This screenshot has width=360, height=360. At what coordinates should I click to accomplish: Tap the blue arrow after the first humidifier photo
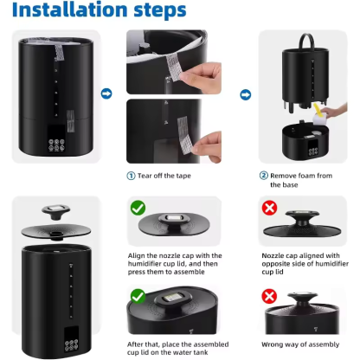coord(106,93)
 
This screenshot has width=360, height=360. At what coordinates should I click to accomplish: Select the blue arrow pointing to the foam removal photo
coord(246,93)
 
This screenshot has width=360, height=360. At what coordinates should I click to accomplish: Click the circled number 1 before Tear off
coord(132,175)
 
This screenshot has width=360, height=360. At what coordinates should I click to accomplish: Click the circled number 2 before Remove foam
coord(264,175)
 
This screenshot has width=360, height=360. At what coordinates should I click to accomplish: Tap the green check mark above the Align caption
coord(137,208)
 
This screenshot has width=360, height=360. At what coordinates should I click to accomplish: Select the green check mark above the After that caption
coord(137,296)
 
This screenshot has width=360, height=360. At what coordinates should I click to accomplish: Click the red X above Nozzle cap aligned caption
coord(271,208)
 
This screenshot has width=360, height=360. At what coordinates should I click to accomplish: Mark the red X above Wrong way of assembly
coord(271,297)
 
